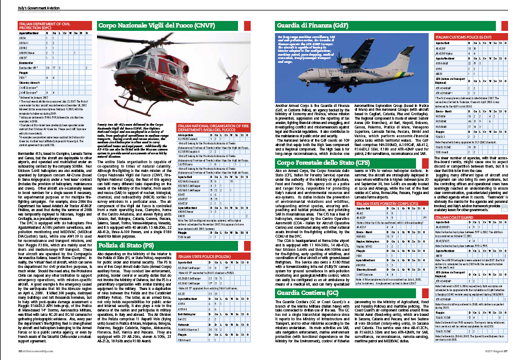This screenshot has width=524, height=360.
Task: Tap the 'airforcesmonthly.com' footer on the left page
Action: click(30, 351)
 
